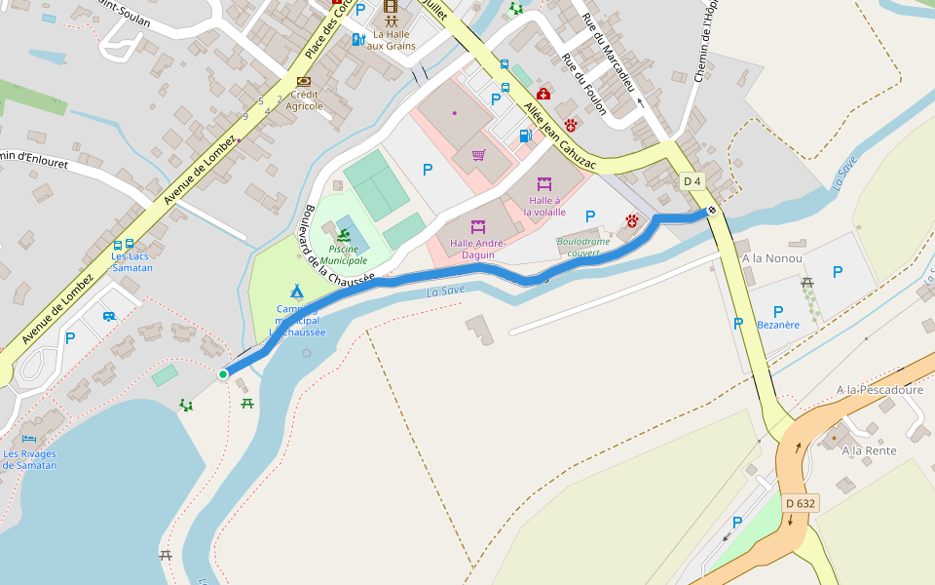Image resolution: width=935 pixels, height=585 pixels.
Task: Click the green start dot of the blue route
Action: pyautogui.click(x=223, y=374)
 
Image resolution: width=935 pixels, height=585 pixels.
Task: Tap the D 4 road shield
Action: pyautogui.click(x=692, y=181)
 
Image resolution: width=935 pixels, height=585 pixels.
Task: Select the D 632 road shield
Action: pyautogui.click(x=800, y=503)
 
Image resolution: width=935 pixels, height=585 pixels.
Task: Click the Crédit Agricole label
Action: pyautogui.click(x=304, y=100)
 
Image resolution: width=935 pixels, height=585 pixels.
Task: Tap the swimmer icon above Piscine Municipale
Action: pyautogui.click(x=344, y=234)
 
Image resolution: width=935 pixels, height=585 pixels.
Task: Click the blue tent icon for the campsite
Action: pyautogui.click(x=296, y=291)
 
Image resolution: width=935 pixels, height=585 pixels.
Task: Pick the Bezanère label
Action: pyautogui.click(x=778, y=325)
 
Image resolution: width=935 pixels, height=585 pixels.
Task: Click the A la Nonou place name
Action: pyautogui.click(x=771, y=258)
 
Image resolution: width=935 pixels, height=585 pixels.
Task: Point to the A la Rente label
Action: pyautogui.click(x=869, y=450)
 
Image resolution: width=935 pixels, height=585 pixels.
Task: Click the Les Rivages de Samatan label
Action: pyautogui.click(x=29, y=459)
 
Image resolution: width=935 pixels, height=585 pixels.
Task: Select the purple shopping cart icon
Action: pyautogui.click(x=478, y=155)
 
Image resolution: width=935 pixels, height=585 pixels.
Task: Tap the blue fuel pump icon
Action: pyautogui.click(x=525, y=136)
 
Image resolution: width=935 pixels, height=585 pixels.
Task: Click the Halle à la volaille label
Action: pyautogui.click(x=543, y=206)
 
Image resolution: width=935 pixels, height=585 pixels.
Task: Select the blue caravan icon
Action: pyautogui.click(x=109, y=316)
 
